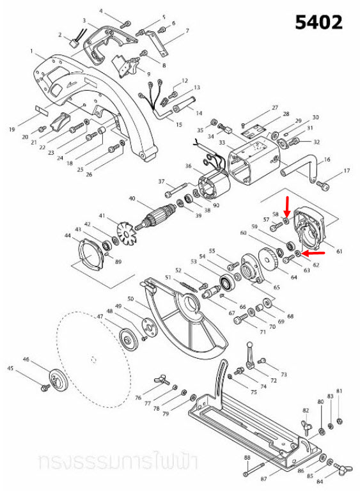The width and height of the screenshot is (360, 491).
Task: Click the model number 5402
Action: pos(318,22)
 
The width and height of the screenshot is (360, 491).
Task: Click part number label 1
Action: pos(31,51)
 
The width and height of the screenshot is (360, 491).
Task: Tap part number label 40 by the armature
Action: pos(132,198)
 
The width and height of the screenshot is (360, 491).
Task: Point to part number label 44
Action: pos(67,236)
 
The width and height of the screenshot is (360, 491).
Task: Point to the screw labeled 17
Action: pos(324,186)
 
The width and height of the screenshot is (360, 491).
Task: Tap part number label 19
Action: pos(12,129)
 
